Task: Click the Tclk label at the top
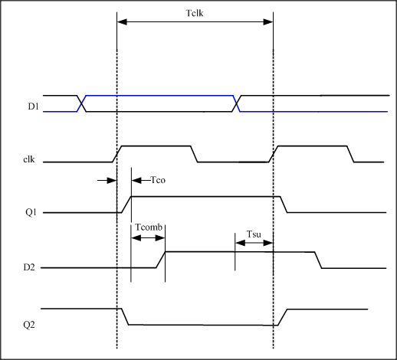(195, 13)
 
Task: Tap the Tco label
(158, 180)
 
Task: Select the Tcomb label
(149, 227)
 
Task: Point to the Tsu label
(254, 234)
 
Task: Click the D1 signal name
(34, 106)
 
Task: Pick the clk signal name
(29, 159)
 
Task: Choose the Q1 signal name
(31, 212)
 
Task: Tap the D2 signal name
(29, 267)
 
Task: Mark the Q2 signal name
(29, 325)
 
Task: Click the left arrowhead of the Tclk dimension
(122, 22)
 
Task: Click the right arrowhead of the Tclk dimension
(268, 22)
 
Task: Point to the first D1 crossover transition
(81, 103)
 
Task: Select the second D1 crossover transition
(237, 103)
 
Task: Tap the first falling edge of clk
(194, 154)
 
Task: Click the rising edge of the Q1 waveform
(126, 205)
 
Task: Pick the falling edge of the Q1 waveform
(284, 205)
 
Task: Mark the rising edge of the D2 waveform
(161, 260)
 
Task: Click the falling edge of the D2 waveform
(318, 260)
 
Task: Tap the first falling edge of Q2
(125, 317)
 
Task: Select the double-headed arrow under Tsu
(254, 243)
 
